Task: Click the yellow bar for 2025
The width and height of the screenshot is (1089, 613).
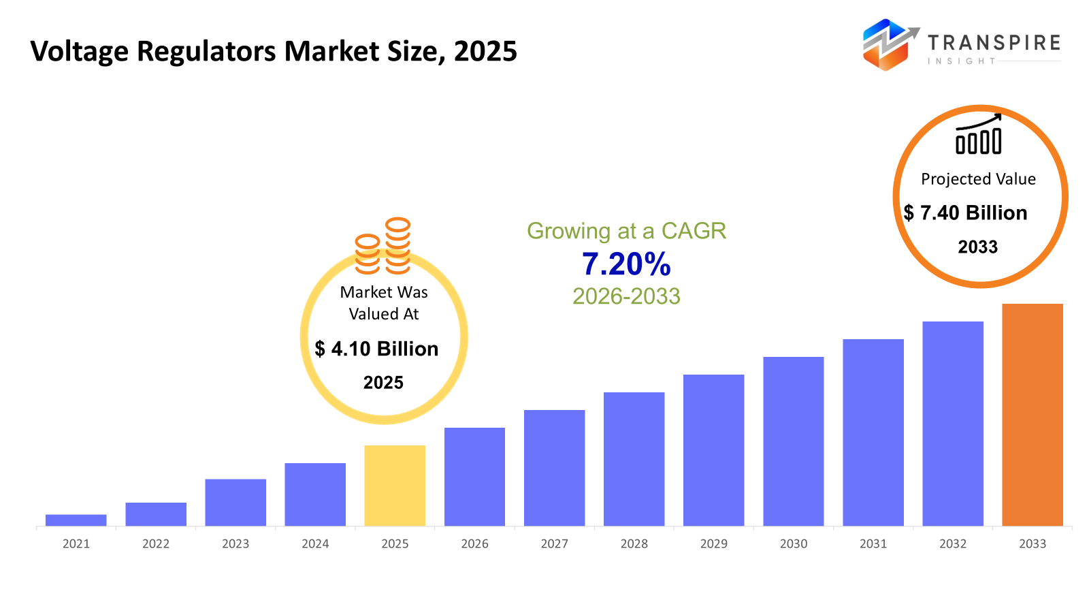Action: click(395, 485)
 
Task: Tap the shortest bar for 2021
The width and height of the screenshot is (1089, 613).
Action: click(76, 520)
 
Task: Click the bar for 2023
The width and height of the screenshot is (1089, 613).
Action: click(235, 502)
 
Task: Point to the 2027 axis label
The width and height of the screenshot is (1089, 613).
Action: click(554, 544)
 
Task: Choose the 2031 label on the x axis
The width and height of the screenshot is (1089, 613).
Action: click(873, 544)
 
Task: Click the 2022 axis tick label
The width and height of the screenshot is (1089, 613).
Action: click(156, 544)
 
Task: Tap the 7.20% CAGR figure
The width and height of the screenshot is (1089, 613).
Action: click(626, 264)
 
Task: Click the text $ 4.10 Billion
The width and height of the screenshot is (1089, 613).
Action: click(376, 349)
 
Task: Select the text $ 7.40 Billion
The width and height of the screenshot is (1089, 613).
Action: click(965, 213)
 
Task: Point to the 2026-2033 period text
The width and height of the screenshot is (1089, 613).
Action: click(626, 296)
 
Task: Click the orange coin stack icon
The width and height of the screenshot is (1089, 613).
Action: click(383, 246)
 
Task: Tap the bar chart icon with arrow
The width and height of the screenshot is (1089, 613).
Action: click(979, 135)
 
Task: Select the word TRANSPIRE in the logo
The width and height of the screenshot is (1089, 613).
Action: click(994, 43)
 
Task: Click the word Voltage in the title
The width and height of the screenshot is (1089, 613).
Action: click(79, 52)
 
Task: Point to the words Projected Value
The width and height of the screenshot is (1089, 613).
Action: click(978, 179)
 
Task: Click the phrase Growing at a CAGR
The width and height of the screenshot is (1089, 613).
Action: click(626, 231)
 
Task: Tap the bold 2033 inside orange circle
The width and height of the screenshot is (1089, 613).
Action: click(977, 247)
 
